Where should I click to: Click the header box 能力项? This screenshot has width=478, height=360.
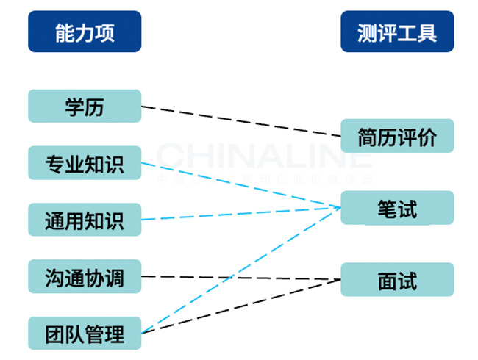(x=85, y=32)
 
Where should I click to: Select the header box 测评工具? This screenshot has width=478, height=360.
(x=397, y=32)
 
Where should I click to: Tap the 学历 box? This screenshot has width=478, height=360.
(x=85, y=107)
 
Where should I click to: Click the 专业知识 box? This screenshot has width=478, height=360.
(x=85, y=163)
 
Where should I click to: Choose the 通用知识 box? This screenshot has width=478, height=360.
(x=85, y=220)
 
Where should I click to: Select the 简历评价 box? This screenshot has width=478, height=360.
(x=397, y=136)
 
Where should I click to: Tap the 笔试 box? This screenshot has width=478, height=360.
(x=397, y=208)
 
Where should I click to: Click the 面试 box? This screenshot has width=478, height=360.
(x=397, y=280)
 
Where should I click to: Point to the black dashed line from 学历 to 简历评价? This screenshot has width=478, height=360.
(x=243, y=121)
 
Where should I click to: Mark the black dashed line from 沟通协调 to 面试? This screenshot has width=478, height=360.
(x=243, y=278)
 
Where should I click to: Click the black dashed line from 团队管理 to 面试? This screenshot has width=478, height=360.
(x=243, y=306)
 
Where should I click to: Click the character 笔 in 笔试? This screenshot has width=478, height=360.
(x=387, y=208)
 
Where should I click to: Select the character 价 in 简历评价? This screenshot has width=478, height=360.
(x=427, y=136)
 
